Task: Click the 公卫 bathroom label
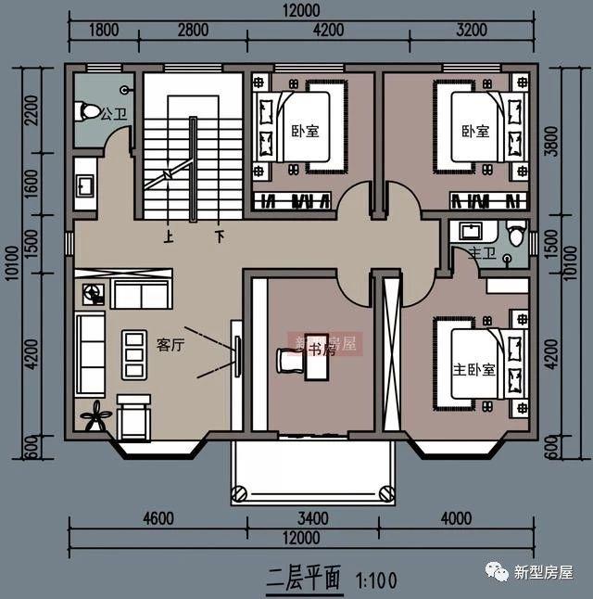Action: pos(114,115)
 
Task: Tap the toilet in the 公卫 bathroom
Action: pos(90,111)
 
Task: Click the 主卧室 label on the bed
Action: pos(473,369)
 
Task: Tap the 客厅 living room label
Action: pos(170,345)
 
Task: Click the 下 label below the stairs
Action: pos(220,236)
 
